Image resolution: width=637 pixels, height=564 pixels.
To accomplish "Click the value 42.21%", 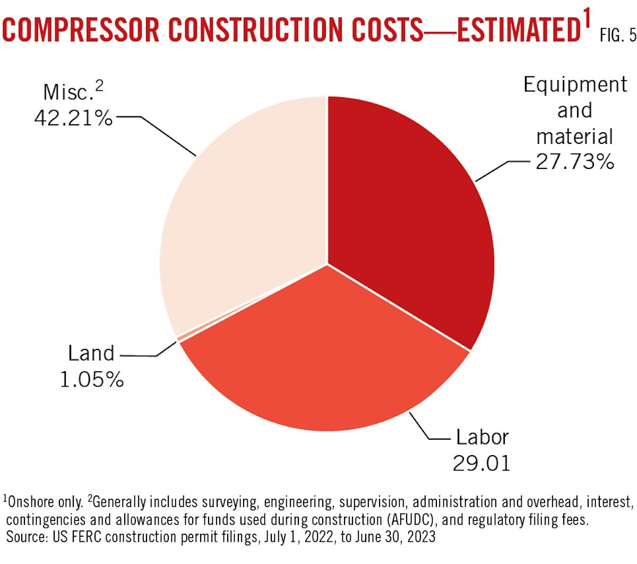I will (x=73, y=118).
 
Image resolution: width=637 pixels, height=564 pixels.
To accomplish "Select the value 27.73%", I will (x=574, y=161).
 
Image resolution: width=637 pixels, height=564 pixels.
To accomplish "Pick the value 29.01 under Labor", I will (x=481, y=463).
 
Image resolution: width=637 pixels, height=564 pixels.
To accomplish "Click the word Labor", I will (x=482, y=438).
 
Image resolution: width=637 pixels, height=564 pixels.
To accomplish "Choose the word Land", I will (x=91, y=354).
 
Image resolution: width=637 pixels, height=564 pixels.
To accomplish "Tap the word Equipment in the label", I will (x=575, y=85).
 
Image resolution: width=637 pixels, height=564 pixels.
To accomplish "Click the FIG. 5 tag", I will (x=617, y=36).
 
